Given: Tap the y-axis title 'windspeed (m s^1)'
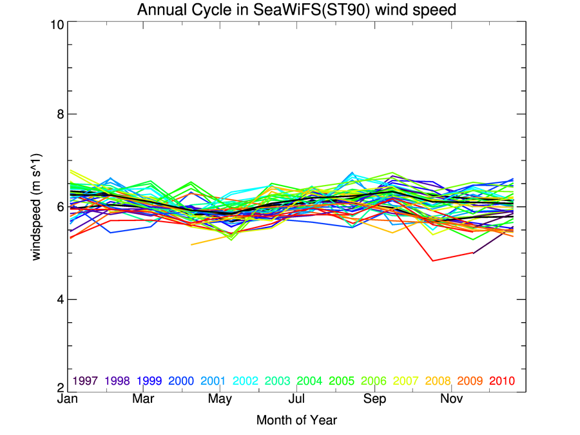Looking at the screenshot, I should pyautogui.click(x=37, y=206).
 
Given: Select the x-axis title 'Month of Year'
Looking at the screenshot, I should pyautogui.click(x=296, y=420).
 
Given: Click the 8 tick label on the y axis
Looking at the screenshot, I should pyautogui.click(x=58, y=114).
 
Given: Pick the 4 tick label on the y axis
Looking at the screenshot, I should pyautogui.click(x=58, y=300).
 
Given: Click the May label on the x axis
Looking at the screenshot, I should pyautogui.click(x=220, y=400).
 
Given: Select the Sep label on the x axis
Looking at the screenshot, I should pyautogui.click(x=374, y=400).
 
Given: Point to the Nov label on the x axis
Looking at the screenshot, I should pyautogui.click(x=451, y=400).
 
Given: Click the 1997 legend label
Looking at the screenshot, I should pyautogui.click(x=85, y=381).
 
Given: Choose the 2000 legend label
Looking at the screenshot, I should pyautogui.click(x=181, y=381).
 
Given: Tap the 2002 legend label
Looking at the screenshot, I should pyautogui.click(x=246, y=381).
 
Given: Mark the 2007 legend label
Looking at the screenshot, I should pyautogui.click(x=406, y=381).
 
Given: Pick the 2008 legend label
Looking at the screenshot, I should pyautogui.click(x=438, y=381).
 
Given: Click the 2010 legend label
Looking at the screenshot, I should pyautogui.click(x=502, y=381).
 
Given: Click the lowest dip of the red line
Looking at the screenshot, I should pyautogui.click(x=433, y=260).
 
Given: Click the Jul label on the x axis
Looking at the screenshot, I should pyautogui.click(x=297, y=400).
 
